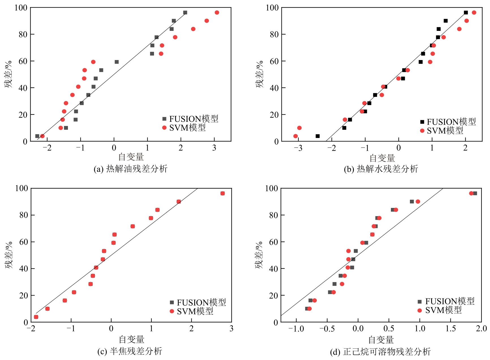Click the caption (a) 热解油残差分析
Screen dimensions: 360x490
(130, 169)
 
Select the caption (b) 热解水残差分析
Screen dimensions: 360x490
(381, 169)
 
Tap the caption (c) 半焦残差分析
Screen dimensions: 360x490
(130, 352)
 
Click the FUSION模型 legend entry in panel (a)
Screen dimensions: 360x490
(190, 119)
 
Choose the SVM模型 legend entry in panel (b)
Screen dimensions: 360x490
(442, 131)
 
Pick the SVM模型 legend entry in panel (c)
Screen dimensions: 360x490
(192, 312)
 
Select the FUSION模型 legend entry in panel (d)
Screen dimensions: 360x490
(446, 301)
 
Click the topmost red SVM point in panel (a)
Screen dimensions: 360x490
(217, 12)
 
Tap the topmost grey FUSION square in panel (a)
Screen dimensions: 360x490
(185, 12)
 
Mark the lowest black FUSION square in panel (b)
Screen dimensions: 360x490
(318, 136)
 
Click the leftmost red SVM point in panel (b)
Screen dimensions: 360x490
(296, 136)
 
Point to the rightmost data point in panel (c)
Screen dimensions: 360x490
(222, 193)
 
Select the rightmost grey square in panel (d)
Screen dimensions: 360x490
(475, 193)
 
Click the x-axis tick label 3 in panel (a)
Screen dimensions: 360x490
(214, 148)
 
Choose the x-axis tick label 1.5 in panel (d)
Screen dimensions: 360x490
(451, 329)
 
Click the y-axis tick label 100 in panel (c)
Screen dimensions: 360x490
(22, 188)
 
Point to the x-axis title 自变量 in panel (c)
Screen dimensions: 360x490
(131, 339)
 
